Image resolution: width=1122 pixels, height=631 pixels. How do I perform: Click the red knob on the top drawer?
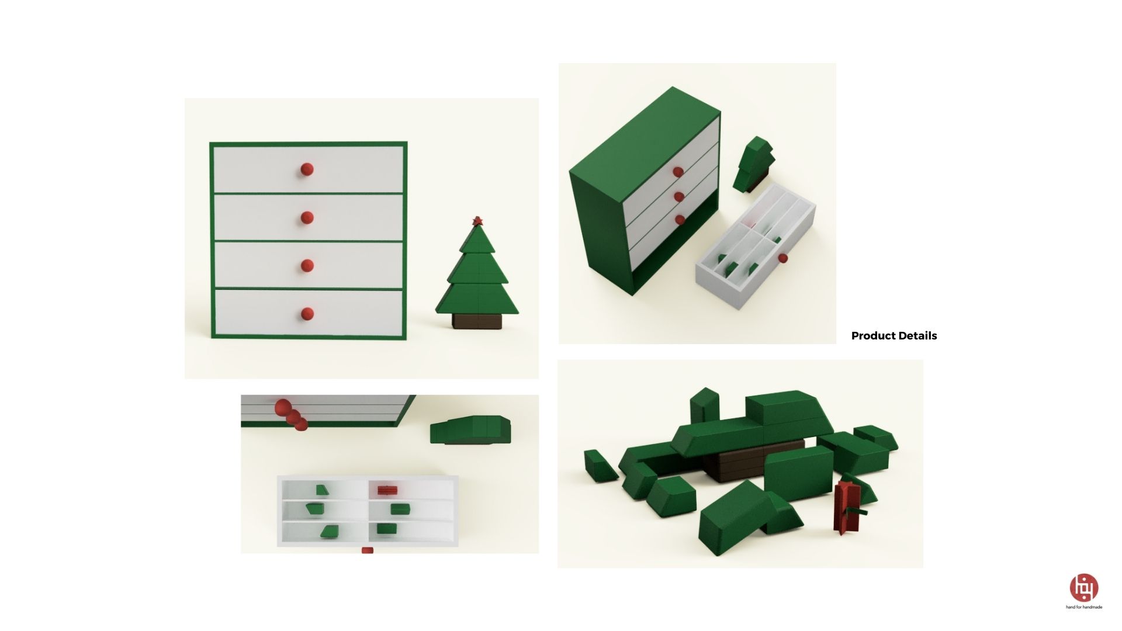307,169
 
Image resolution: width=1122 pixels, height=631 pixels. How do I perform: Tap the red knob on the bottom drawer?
307,314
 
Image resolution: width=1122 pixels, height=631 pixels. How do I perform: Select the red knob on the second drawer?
307,218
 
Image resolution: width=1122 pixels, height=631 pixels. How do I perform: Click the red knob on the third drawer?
307,266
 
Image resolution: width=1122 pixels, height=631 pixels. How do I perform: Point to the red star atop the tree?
477,221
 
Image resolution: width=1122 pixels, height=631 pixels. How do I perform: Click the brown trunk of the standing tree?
477,321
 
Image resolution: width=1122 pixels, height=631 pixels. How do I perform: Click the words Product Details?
894,336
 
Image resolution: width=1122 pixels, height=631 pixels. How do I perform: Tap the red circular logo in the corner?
1083,587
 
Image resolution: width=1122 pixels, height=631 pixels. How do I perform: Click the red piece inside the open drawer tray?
387,490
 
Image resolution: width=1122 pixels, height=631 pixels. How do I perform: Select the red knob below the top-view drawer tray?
367,550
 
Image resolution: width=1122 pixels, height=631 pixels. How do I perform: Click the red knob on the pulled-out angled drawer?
783,258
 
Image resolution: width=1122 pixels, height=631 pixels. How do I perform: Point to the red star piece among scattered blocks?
846,507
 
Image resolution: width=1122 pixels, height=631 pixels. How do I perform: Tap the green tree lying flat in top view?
470,431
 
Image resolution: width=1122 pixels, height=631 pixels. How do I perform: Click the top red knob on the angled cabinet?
678,172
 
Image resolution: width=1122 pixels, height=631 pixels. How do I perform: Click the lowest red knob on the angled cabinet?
680,220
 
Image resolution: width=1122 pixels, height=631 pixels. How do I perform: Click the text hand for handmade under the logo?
1083,607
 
